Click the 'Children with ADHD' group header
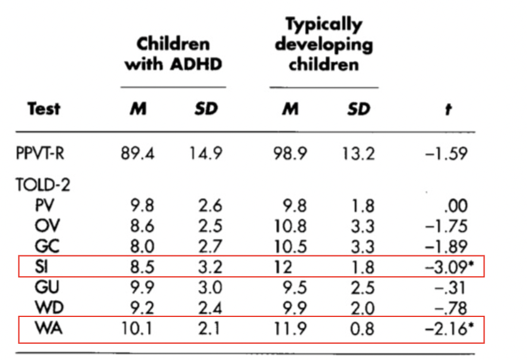173,54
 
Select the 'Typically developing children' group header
323,44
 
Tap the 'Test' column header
44,109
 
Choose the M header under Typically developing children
290,109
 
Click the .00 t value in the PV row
456,206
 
